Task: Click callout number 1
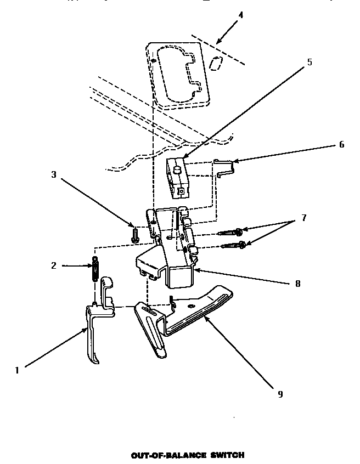[x=17, y=370]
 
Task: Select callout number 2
[x=54, y=266]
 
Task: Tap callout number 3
[x=54, y=175]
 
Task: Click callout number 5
[x=309, y=62]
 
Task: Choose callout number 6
[x=341, y=145]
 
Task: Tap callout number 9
[x=280, y=394]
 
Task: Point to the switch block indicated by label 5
[x=178, y=178]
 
